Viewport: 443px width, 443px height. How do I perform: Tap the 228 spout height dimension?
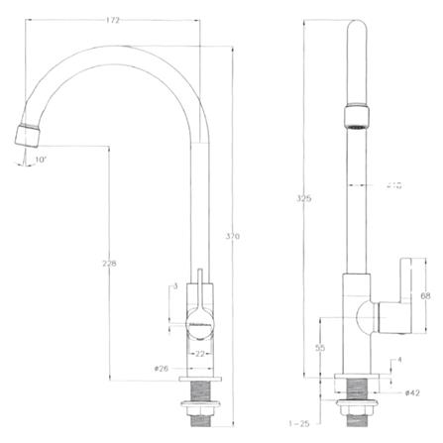[x=108, y=263]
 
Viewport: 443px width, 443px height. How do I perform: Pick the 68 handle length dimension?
[x=426, y=295]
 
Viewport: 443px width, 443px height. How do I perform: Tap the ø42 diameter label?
[x=411, y=392]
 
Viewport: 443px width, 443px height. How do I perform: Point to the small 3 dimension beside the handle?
[x=174, y=286]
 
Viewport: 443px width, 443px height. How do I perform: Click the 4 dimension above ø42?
[x=399, y=360]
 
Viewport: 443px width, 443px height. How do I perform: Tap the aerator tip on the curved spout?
[x=28, y=133]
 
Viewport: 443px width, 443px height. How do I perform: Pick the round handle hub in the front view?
[x=198, y=319]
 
